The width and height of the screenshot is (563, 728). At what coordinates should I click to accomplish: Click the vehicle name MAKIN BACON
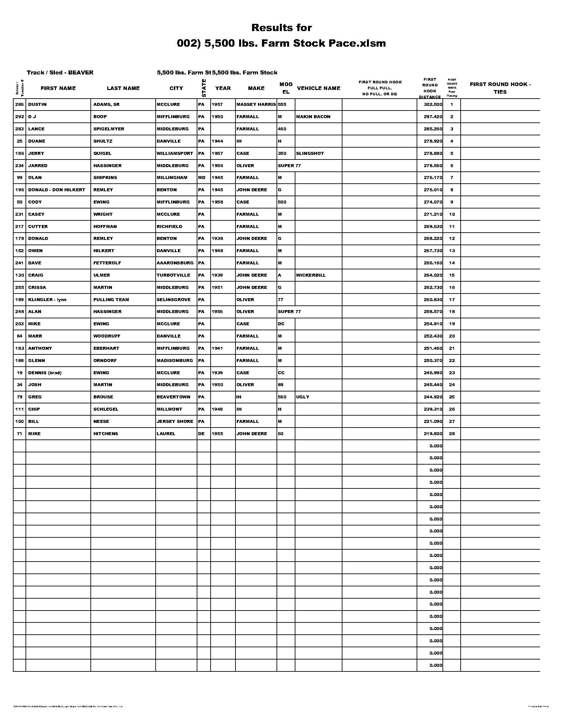pyautogui.click(x=313, y=117)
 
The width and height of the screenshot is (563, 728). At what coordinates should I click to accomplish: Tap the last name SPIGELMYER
pyautogui.click(x=109, y=129)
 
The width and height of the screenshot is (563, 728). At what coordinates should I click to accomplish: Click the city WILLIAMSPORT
pyautogui.click(x=175, y=153)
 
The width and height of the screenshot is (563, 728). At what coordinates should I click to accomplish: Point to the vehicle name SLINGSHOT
pyautogui.click(x=310, y=153)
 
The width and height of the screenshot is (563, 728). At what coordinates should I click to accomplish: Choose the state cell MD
pyautogui.click(x=202, y=178)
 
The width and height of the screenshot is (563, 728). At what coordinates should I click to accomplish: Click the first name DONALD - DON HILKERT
pyautogui.click(x=57, y=190)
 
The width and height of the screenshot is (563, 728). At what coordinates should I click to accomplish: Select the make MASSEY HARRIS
pyautogui.click(x=256, y=104)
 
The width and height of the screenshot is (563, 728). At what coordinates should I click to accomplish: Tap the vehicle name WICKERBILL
pyautogui.click(x=311, y=275)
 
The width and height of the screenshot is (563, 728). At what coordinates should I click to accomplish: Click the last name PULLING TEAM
pyautogui.click(x=111, y=300)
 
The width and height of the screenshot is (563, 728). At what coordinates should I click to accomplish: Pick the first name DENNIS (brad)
pyautogui.click(x=45, y=373)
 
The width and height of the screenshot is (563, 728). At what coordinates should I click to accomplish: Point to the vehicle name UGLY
pyautogui.click(x=303, y=397)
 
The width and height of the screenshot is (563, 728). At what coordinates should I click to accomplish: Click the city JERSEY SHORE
pyautogui.click(x=175, y=421)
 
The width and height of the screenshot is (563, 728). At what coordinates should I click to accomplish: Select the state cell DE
pyautogui.click(x=201, y=434)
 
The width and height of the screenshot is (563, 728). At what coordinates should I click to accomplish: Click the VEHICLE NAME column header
pyautogui.click(x=319, y=88)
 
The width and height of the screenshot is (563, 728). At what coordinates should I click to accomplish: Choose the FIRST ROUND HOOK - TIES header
pyautogui.click(x=500, y=88)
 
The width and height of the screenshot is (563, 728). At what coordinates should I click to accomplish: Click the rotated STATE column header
pyautogui.click(x=204, y=88)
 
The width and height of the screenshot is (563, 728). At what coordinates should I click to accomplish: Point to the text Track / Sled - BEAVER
pyautogui.click(x=60, y=73)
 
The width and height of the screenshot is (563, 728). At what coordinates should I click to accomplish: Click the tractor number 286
pyautogui.click(x=19, y=104)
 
